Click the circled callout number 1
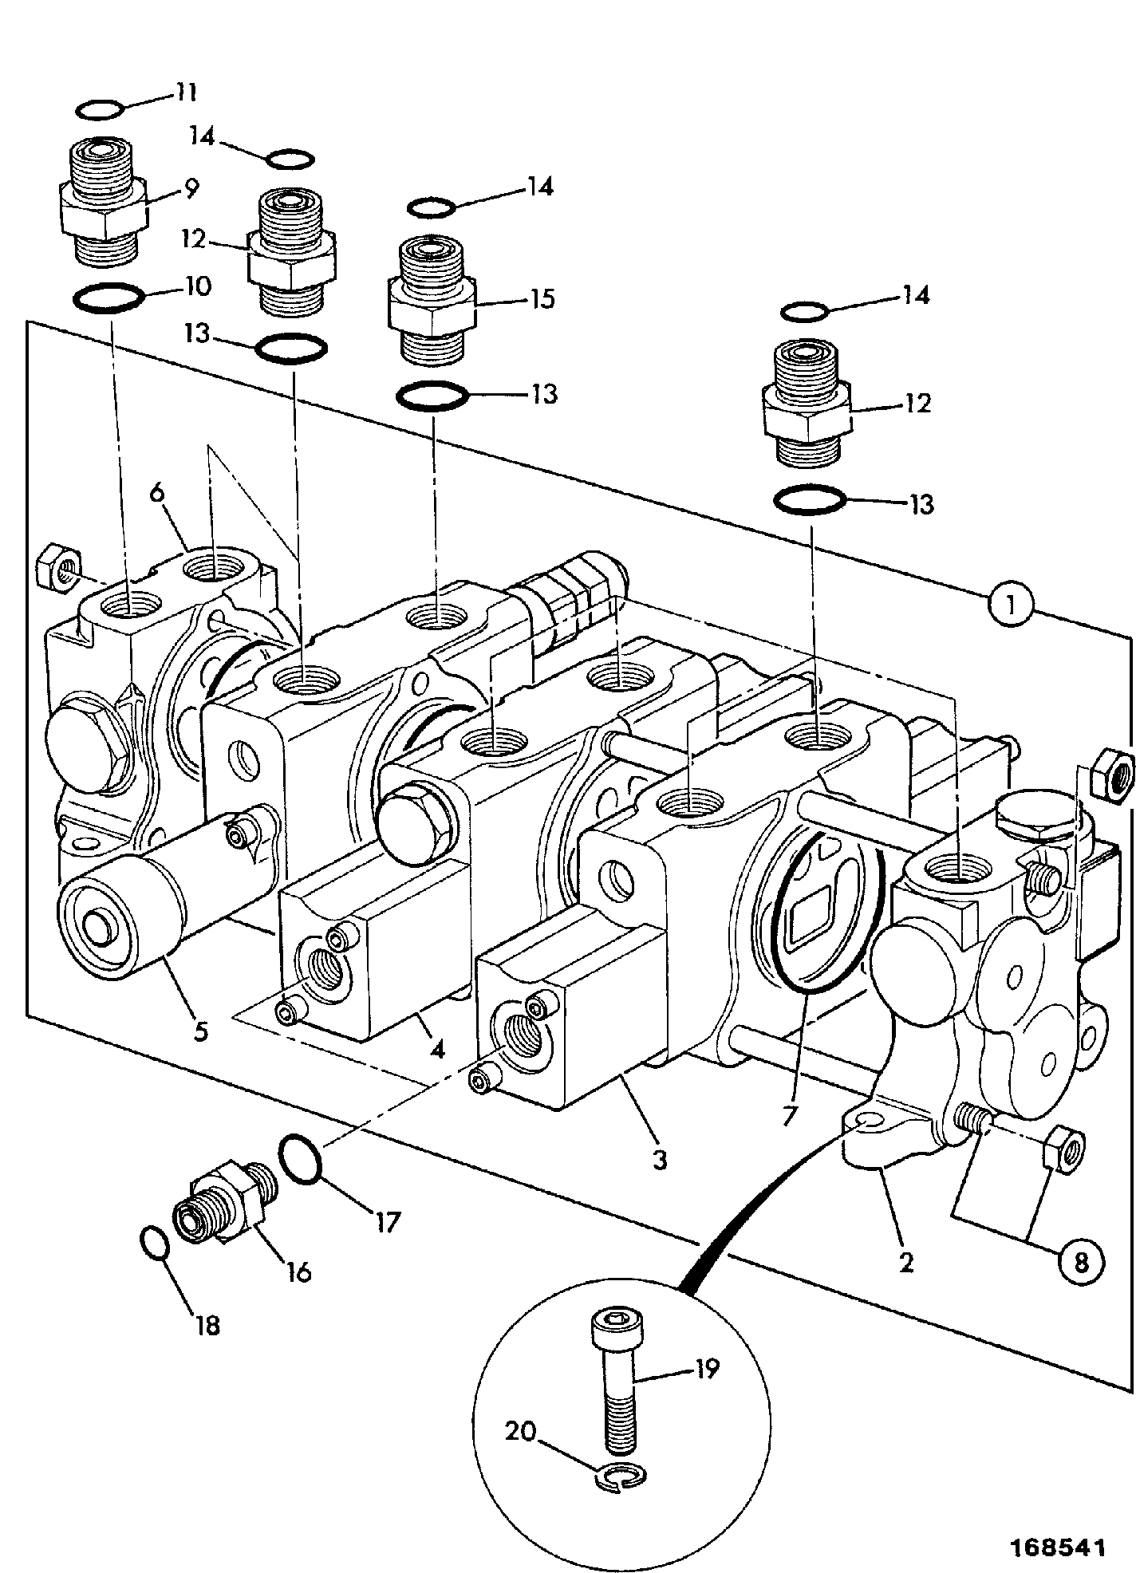1011,605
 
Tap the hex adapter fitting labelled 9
103,201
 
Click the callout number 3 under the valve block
659,1159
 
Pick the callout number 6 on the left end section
156,492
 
